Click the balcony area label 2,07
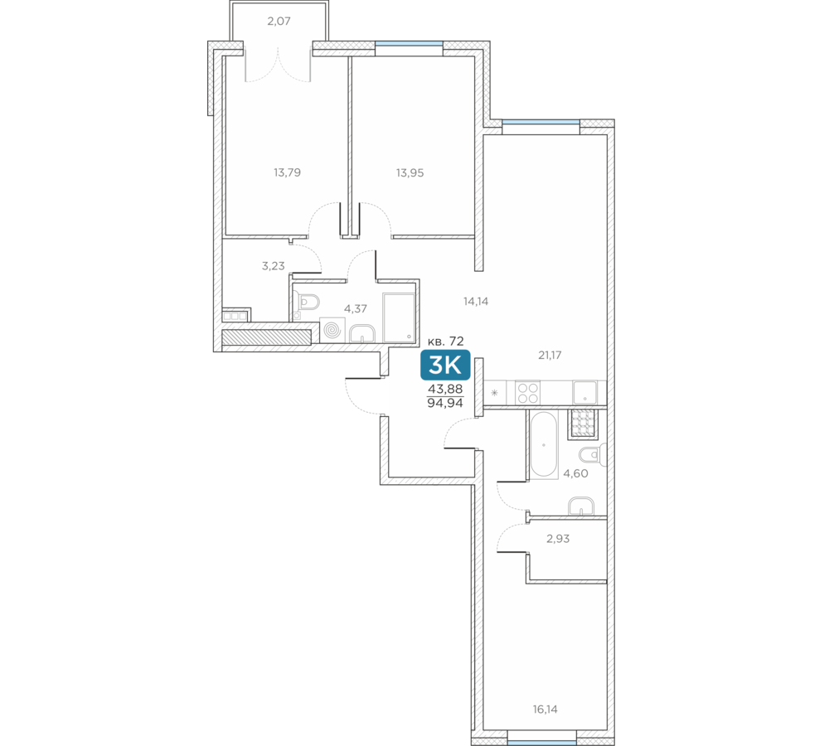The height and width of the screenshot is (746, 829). point(279,22)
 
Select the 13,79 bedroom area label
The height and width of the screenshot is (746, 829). point(287,172)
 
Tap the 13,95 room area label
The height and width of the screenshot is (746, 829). point(410,173)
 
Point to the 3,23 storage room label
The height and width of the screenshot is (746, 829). point(274,266)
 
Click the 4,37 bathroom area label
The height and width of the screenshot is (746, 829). point(356,309)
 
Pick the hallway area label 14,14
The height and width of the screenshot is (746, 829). point(476,302)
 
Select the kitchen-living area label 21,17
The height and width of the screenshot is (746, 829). point(550,356)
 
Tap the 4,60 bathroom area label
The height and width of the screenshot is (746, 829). point(575,474)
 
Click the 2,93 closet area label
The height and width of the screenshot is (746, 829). point(558,539)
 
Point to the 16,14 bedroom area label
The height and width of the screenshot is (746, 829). point(545,710)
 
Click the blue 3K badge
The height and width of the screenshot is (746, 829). point(445,365)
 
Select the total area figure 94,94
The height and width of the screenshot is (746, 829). point(445,403)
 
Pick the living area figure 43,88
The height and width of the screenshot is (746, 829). point(445,389)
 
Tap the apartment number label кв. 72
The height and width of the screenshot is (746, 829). point(446,342)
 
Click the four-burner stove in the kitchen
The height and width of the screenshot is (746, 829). point(527,393)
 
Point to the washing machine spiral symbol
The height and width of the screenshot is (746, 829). point(332,331)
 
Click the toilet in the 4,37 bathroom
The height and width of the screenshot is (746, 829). point(308,303)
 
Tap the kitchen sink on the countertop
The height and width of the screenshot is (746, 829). point(584,393)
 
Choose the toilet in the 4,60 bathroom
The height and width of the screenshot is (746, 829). point(592,454)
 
